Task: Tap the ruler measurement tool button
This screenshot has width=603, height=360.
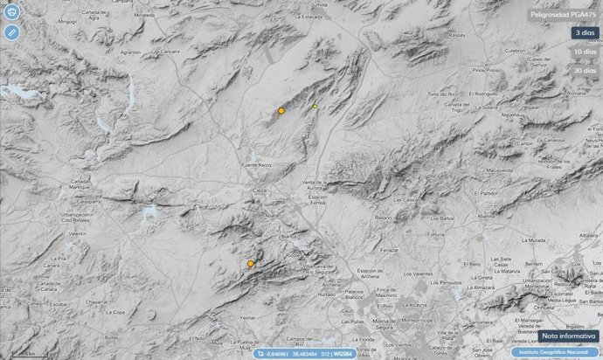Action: (10, 31)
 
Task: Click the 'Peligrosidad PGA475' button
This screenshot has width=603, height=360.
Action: (564, 15)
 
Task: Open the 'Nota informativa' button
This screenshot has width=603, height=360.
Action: (565, 336)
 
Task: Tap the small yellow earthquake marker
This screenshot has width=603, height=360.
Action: (315, 107)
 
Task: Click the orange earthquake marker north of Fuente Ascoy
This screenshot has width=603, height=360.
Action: (281, 111)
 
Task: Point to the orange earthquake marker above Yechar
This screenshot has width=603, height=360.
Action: (250, 263)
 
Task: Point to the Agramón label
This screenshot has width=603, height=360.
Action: (129, 52)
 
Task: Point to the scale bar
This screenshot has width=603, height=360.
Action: (25, 354)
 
